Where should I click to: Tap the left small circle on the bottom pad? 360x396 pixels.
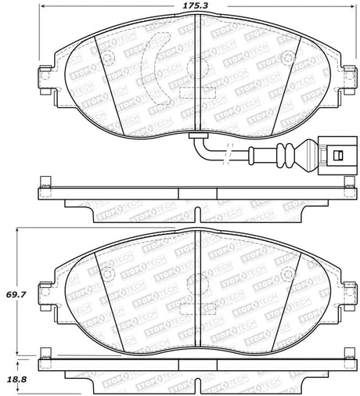pyautogui.click(x=109, y=273)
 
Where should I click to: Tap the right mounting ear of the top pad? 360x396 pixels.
pyautogui.click(x=345, y=77)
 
